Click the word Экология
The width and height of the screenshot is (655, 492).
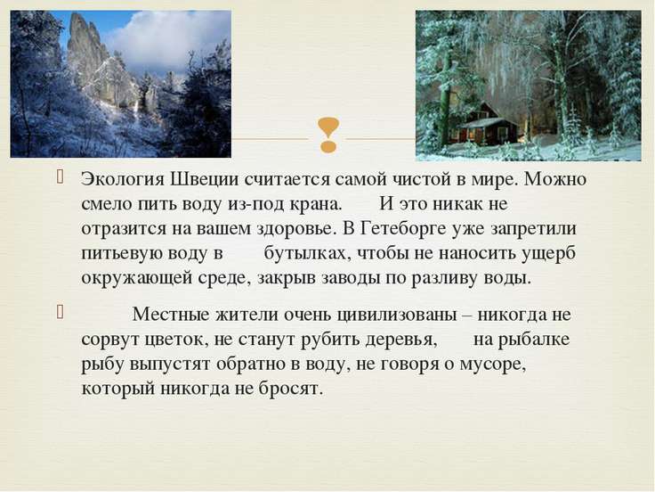tap(121, 180)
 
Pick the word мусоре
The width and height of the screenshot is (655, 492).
tap(493, 365)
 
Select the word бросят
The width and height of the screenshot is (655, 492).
tap(291, 389)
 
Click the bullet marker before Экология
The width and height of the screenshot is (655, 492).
tap(60, 177)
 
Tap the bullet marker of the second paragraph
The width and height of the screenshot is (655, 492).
tap(60, 312)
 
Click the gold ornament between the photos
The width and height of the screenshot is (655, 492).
tap(328, 135)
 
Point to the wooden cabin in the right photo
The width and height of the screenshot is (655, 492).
tap(487, 124)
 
